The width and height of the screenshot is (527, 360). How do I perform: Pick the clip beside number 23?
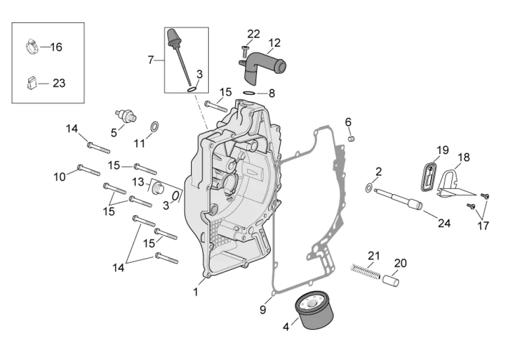pyautogui.click(x=31, y=82)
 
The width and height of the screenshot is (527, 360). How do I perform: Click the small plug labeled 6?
pyautogui.click(x=352, y=138)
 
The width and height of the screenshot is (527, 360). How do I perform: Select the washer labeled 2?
pyautogui.click(x=370, y=187)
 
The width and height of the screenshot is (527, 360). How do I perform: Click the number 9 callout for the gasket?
pyautogui.click(x=263, y=310)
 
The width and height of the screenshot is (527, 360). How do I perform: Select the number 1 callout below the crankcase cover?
pyautogui.click(x=196, y=292)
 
